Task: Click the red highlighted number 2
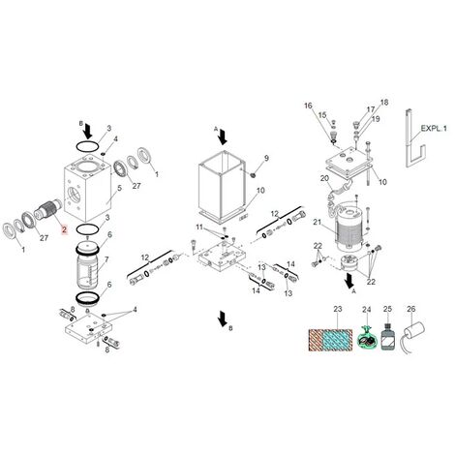65,229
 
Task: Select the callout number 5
119,188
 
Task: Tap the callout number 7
106,259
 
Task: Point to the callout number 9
266,158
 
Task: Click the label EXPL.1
434,128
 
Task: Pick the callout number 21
318,222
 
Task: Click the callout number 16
308,106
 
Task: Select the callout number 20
324,178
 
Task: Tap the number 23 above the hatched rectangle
337,309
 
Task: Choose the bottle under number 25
387,337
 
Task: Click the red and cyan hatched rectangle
330,340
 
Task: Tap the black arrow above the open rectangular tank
223,136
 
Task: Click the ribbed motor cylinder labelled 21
349,227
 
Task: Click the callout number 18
384,103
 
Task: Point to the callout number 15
322,115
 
